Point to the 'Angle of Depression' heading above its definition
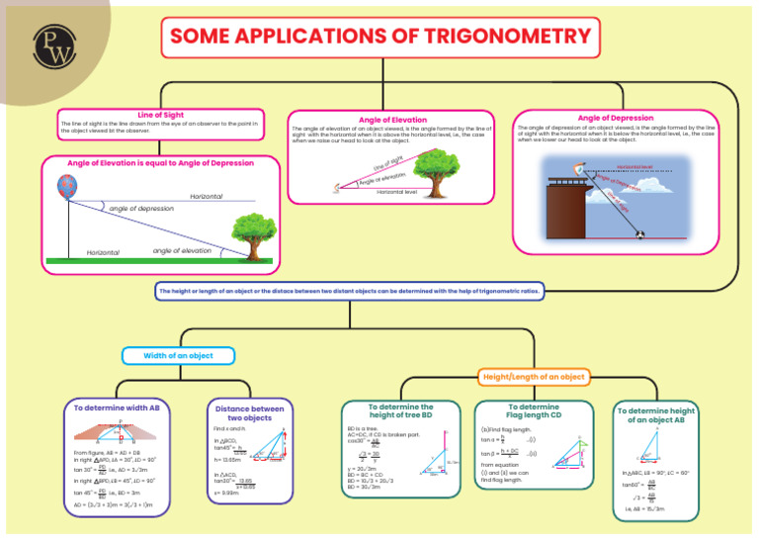[616, 118]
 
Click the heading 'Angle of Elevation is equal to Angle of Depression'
[159, 162]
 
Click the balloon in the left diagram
[66, 186]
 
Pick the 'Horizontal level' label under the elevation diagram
[397, 191]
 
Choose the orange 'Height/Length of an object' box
[533, 376]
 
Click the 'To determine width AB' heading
[117, 407]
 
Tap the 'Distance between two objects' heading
[249, 412]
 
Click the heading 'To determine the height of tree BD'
[400, 411]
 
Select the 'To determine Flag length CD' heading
[533, 411]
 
